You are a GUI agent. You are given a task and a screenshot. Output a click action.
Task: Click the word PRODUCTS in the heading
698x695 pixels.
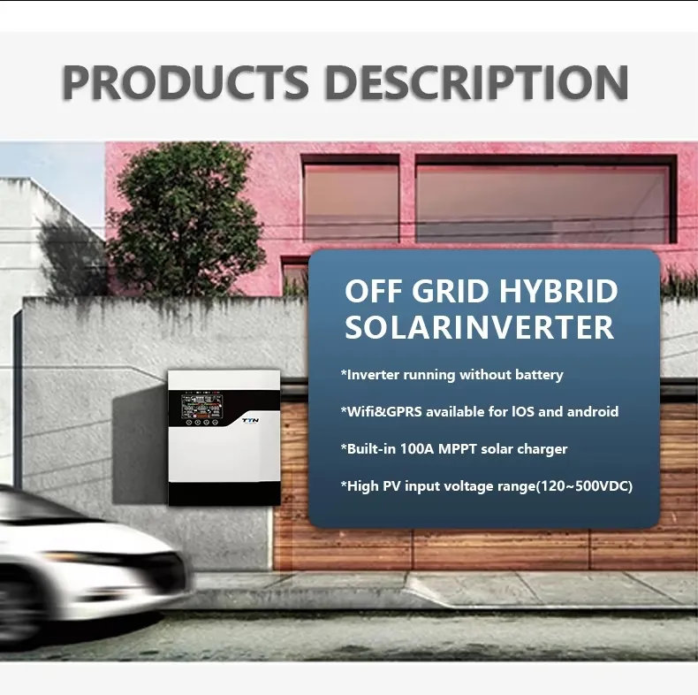[186, 82]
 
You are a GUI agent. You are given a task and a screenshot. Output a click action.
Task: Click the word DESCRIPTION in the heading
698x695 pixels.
[476, 82]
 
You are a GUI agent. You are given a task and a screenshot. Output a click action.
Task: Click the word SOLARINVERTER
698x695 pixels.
[479, 328]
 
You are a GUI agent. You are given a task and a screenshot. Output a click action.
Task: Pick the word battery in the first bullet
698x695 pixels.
[535, 375]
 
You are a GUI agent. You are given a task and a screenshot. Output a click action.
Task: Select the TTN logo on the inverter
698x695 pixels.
[251, 422]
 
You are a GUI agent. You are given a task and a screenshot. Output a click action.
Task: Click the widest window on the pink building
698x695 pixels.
[542, 202]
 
